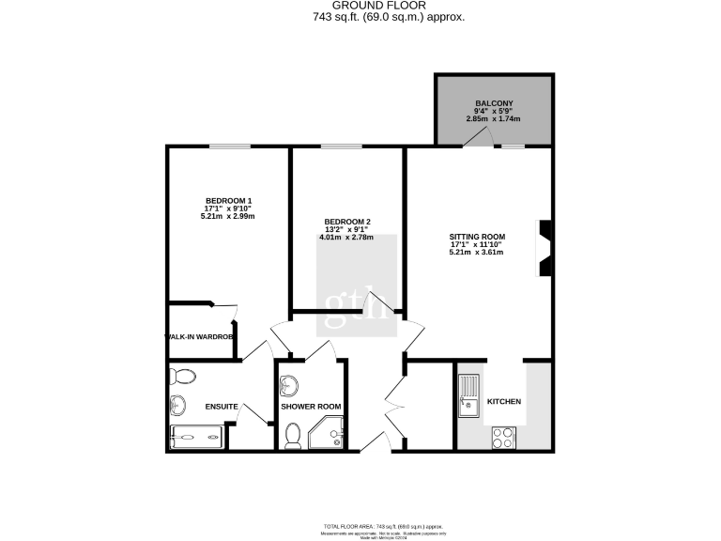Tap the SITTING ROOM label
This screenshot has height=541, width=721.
click(x=477, y=237)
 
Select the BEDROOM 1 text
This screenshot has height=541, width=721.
click(x=228, y=201)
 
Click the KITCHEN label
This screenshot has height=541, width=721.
click(x=503, y=402)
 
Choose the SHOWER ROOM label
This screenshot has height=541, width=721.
click(x=311, y=407)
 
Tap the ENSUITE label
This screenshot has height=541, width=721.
click(x=221, y=407)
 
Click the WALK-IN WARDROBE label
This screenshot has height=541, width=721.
click(x=198, y=336)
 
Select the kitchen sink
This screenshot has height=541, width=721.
click(x=469, y=394)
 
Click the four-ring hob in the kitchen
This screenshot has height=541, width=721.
click(x=503, y=437)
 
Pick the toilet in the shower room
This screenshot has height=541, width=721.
click(x=293, y=434)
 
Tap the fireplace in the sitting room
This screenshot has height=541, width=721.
click(x=544, y=249)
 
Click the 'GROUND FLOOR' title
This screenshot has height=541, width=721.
click(x=387, y=6)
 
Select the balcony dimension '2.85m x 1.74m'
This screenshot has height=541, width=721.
click(x=494, y=119)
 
